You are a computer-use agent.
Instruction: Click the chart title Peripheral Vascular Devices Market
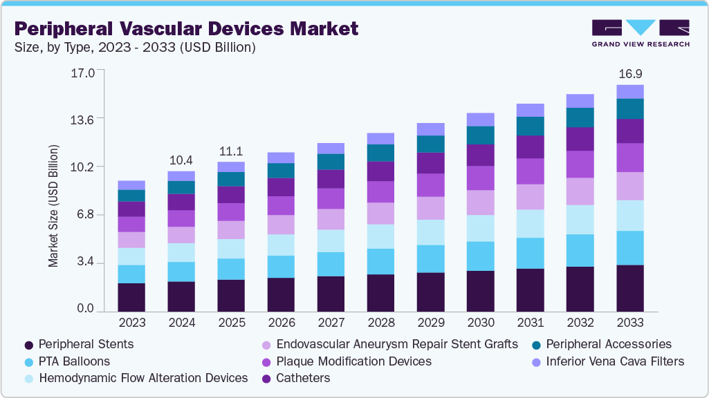click(x=186, y=28)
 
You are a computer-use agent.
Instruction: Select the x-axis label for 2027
click(x=331, y=323)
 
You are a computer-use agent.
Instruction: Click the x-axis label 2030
click(x=480, y=323)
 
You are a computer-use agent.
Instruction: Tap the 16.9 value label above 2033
click(x=629, y=73)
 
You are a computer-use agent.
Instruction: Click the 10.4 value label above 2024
click(x=181, y=160)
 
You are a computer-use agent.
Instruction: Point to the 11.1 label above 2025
click(x=231, y=151)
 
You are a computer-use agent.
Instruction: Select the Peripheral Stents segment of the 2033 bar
click(x=629, y=288)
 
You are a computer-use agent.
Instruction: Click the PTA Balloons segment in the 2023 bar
click(x=131, y=274)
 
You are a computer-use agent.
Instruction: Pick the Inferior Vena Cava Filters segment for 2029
click(x=430, y=129)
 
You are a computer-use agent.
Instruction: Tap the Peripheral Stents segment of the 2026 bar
click(x=281, y=294)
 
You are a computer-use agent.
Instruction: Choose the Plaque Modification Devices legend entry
click(x=353, y=361)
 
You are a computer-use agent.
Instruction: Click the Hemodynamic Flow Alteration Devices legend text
click(x=143, y=378)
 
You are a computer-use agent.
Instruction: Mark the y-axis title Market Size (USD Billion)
click(x=53, y=206)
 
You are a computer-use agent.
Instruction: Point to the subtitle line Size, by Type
click(x=135, y=48)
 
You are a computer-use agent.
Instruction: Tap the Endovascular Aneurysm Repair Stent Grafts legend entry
click(x=396, y=344)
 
